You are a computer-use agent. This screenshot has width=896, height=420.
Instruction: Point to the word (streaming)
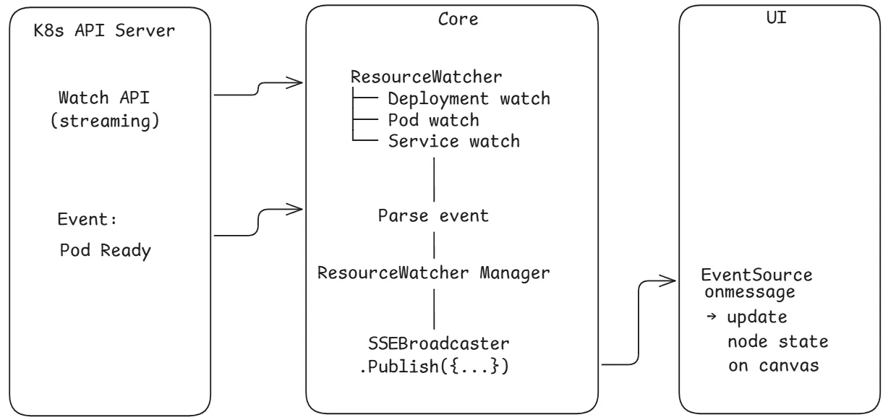105,121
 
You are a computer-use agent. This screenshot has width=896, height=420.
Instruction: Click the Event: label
87,220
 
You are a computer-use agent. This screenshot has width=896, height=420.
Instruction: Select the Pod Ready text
106,250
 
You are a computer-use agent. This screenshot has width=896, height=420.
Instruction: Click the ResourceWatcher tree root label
426,77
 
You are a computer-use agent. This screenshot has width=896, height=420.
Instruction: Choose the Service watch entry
453,141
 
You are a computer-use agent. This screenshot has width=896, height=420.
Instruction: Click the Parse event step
433,215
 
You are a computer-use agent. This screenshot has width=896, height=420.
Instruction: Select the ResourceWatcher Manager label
435,273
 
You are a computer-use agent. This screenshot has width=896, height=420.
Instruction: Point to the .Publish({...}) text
435,367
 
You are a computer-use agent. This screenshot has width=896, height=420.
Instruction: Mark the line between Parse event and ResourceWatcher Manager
433,245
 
